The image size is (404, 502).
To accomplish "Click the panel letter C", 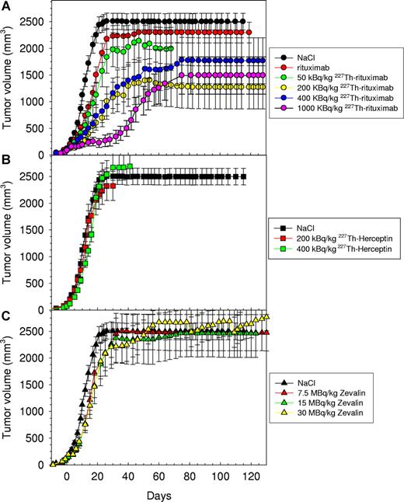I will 6,317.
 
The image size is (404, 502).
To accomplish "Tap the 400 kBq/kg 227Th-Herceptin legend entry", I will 342,248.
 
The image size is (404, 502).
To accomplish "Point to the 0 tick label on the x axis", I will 67,476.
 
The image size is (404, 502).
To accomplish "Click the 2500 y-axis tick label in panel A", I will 35,21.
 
